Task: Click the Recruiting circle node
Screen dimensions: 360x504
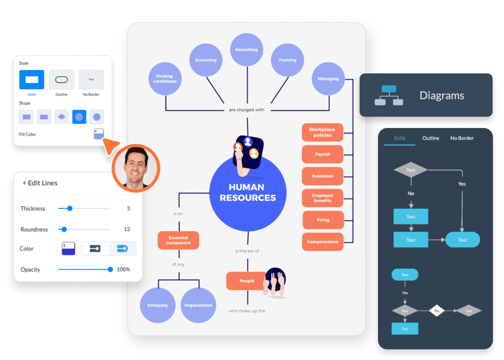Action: pyautogui.click(x=247, y=50)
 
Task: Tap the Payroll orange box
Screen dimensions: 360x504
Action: pyautogui.click(x=322, y=154)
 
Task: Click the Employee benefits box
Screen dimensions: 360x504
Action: pyautogui.click(x=322, y=198)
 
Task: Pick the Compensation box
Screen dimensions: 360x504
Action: pyautogui.click(x=322, y=242)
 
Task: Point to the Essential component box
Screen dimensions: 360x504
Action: pyautogui.click(x=178, y=240)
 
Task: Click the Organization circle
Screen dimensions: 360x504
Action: pyautogui.click(x=198, y=305)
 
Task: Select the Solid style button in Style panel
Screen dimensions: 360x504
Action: pyautogui.click(x=31, y=79)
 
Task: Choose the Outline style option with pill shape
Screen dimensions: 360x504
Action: pyautogui.click(x=62, y=79)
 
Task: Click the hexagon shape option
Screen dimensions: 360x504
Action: pyautogui.click(x=96, y=117)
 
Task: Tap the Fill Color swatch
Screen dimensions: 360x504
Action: pyautogui.click(x=99, y=134)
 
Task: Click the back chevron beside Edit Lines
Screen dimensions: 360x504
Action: pyautogui.click(x=24, y=183)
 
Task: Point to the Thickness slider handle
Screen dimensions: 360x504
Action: pyautogui.click(x=70, y=208)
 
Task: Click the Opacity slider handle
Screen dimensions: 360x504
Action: pyautogui.click(x=110, y=269)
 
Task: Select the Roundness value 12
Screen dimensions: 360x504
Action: pyautogui.click(x=127, y=229)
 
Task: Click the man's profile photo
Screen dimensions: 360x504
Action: pyautogui.click(x=135, y=167)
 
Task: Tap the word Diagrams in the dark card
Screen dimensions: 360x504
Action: pyautogui.click(x=441, y=96)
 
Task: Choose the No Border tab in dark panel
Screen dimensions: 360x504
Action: pyautogui.click(x=462, y=138)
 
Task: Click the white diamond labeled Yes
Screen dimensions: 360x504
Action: pyautogui.click(x=437, y=311)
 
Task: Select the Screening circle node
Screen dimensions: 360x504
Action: pyautogui.click(x=206, y=60)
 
